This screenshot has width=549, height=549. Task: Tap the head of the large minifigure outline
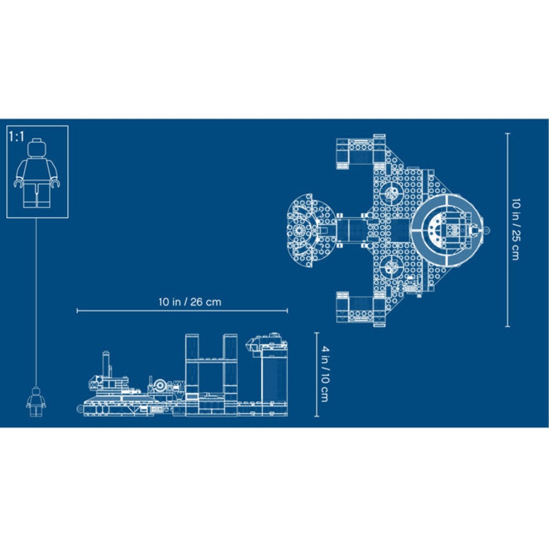point(37,149)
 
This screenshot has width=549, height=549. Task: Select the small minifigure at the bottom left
point(35,402)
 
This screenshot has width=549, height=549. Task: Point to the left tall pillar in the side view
point(193,366)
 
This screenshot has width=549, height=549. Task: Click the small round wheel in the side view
point(160,386)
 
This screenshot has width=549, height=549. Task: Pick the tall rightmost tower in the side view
point(274,375)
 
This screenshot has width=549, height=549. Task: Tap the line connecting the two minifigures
point(37,305)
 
